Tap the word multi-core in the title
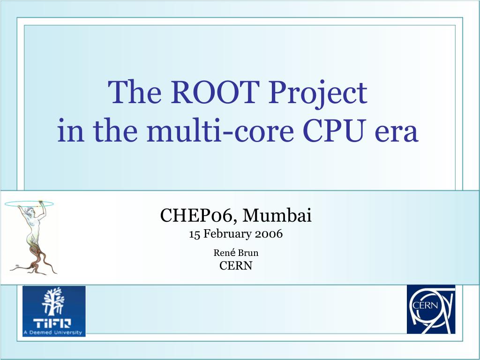click(x=220, y=130)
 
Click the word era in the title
click(x=397, y=134)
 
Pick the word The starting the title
click(x=135, y=92)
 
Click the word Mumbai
click(x=277, y=215)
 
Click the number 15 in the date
click(x=194, y=234)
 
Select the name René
click(x=225, y=253)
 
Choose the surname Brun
click(x=248, y=253)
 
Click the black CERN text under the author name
click(x=236, y=265)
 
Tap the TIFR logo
click(x=54, y=311)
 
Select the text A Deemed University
click(x=52, y=332)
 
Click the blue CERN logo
click(x=431, y=309)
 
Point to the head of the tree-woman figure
click(x=30, y=211)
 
